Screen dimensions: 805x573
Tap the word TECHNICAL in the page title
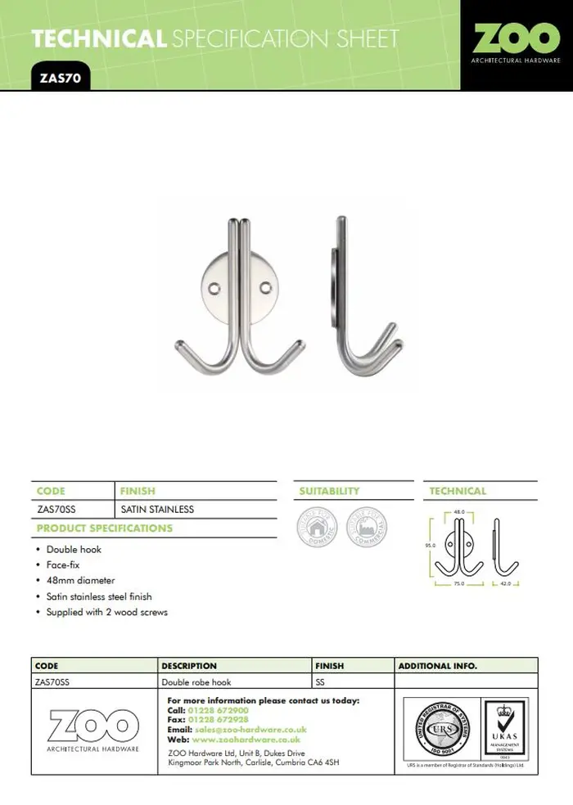click(98, 38)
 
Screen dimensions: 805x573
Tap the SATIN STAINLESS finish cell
click(157, 509)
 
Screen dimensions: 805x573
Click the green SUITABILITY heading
click(329, 491)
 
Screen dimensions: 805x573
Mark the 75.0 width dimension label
click(459, 584)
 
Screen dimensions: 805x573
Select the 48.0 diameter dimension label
click(459, 513)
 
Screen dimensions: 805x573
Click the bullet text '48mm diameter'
click(80, 581)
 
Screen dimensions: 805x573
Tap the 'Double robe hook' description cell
click(196, 681)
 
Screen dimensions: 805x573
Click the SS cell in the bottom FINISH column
click(320, 681)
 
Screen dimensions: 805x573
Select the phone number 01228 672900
click(219, 710)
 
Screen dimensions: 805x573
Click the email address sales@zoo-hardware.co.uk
click(250, 729)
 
